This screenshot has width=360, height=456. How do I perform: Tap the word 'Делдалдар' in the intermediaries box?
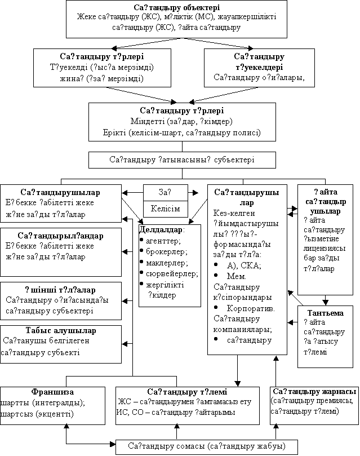(161, 230)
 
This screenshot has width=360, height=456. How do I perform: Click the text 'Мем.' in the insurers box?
(234, 276)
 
